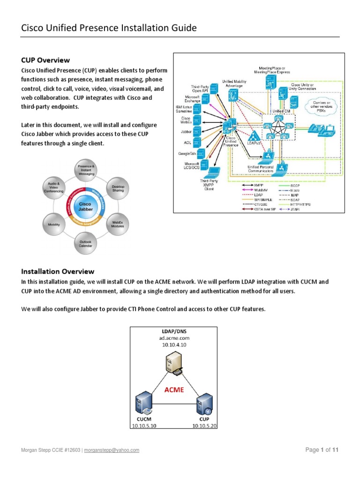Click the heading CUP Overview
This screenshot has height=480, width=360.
coord(45,60)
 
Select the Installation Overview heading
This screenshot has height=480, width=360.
coord(58,271)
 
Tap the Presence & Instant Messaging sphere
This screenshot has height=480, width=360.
coord(86,170)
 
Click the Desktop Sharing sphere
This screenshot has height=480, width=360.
coord(118,187)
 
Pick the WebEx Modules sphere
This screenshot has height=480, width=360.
coord(118,224)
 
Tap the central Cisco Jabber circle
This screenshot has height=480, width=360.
coord(86,206)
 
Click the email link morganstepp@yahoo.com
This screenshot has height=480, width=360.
coord(112,450)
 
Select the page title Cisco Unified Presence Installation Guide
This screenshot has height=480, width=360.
coord(109,29)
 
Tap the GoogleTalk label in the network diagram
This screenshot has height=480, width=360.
coord(187,153)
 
